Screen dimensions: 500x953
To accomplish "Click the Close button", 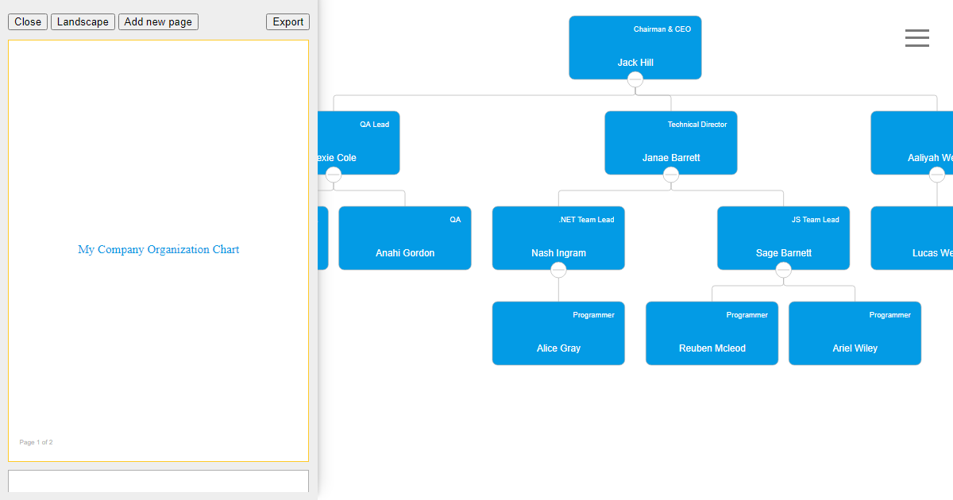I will tap(28, 22).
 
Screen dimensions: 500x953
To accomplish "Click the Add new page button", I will tap(158, 22).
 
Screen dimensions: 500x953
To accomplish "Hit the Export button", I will tap(287, 22).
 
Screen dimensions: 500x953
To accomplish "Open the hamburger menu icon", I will tap(916, 38).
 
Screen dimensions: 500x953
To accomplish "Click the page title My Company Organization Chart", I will tap(158, 249).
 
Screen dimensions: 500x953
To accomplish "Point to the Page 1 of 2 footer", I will tap(36, 442).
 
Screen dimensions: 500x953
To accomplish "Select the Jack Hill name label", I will tap(635, 63).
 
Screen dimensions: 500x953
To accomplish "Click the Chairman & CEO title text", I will tap(662, 29).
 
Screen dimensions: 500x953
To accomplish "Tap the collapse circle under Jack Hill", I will tap(635, 79).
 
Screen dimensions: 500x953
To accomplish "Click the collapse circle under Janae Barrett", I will tap(671, 175).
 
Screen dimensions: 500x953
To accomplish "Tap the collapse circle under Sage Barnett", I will tap(784, 270).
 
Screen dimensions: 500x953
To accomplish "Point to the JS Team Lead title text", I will tap(815, 220).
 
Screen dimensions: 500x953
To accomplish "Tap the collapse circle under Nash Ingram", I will tap(558, 270).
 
